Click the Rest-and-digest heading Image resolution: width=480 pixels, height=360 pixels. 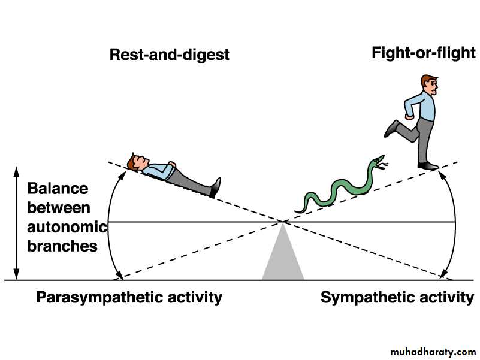(170, 55)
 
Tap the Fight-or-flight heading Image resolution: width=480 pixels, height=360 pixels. (424, 53)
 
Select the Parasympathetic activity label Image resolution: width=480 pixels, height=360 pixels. (129, 297)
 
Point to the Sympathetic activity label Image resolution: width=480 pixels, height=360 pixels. (397, 297)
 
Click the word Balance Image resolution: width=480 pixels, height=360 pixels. (58, 189)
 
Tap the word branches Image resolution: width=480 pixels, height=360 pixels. (62, 246)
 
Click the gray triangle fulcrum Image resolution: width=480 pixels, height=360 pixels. (283, 261)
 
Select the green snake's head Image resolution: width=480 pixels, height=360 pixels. (378, 161)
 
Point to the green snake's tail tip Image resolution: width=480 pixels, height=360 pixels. (295, 211)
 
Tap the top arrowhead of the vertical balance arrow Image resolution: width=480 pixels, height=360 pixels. (17, 170)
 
